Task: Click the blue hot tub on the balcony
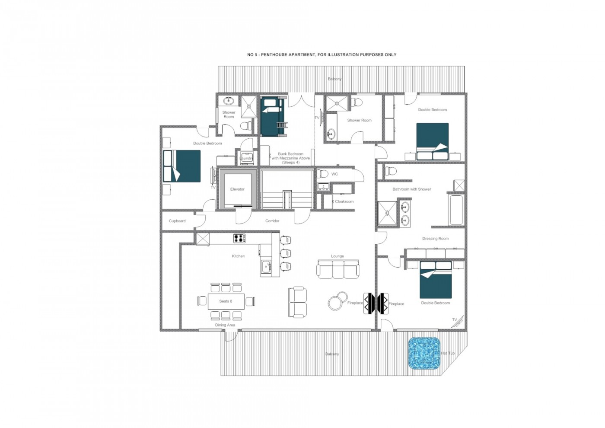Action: point(424,353)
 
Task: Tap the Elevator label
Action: point(237,189)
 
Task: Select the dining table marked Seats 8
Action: point(226,301)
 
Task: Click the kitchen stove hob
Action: point(239,238)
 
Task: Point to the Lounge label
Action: point(338,256)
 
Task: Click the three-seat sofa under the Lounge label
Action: point(338,269)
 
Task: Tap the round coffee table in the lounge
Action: point(337,301)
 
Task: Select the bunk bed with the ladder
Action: point(273,116)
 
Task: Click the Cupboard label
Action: point(177,221)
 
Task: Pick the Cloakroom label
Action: point(344,201)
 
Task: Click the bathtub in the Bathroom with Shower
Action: point(456,210)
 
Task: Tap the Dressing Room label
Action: point(435,239)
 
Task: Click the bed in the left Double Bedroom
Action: point(182,166)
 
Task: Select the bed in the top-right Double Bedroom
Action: point(432,141)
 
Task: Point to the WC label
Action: point(334,174)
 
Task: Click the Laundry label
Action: point(246,159)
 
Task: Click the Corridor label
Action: point(272,221)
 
